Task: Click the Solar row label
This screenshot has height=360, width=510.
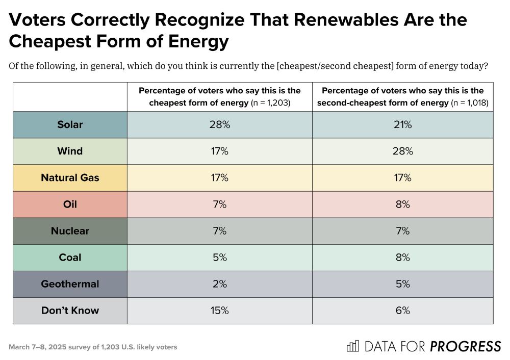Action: pyautogui.click(x=70, y=125)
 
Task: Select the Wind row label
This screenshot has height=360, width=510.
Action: pyautogui.click(x=70, y=151)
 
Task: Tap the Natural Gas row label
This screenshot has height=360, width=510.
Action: pyautogui.click(x=70, y=178)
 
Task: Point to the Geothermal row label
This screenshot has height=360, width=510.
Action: pyautogui.click(x=70, y=284)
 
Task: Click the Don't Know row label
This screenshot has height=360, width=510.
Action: pyautogui.click(x=70, y=311)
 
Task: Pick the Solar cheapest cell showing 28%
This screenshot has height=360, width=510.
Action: pyautogui.click(x=219, y=125)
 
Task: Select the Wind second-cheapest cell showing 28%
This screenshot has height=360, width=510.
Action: pyautogui.click(x=402, y=151)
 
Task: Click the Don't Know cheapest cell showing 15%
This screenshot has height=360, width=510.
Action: pyautogui.click(x=219, y=311)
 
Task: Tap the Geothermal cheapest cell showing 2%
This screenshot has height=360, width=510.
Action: pyautogui.click(x=219, y=284)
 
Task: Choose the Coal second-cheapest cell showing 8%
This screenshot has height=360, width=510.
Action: pyautogui.click(x=402, y=258)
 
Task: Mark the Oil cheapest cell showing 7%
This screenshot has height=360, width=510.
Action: pyautogui.click(x=219, y=204)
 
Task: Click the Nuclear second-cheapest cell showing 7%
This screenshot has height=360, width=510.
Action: pyautogui.click(x=402, y=231)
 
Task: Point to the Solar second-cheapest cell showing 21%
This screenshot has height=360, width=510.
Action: pyautogui.click(x=402, y=125)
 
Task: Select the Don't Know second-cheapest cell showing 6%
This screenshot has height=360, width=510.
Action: pyautogui.click(x=402, y=311)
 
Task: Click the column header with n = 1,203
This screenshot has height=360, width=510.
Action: pyautogui.click(x=219, y=96)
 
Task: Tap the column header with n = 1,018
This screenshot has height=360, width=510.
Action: pyautogui.click(x=402, y=96)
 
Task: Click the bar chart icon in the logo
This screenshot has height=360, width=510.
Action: pyautogui.click(x=352, y=346)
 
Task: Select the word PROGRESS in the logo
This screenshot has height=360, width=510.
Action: pyautogui.click(x=465, y=347)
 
